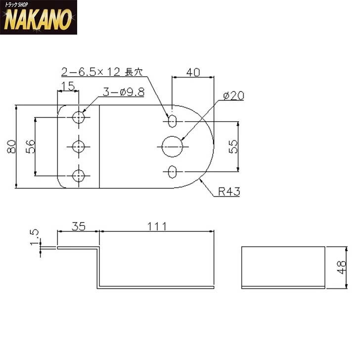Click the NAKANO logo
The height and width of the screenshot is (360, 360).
click(39, 17)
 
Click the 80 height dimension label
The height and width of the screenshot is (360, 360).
click(11, 147)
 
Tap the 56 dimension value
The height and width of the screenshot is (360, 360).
click(31, 147)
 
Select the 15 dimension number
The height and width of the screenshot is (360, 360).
click(68, 87)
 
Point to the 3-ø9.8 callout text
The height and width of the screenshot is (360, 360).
click(124, 92)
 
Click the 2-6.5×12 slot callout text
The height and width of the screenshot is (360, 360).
click(102, 72)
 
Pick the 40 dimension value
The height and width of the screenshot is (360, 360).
click(193, 72)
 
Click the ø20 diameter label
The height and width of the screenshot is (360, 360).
click(234, 96)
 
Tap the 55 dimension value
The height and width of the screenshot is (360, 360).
click(233, 147)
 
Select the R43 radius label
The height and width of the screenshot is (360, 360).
click(229, 191)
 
